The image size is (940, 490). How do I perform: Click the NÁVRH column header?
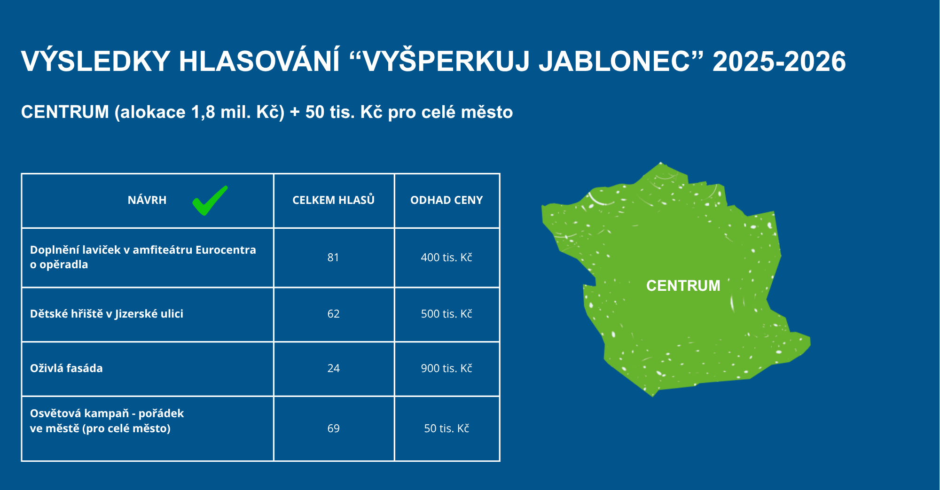point(147,200)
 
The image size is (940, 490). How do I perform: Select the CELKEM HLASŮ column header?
point(333,200)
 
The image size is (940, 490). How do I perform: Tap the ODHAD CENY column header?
point(446,200)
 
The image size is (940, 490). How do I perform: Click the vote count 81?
point(333,257)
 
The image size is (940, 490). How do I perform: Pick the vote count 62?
point(333,314)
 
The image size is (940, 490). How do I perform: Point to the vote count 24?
point(333,368)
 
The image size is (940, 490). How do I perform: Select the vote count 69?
point(333,428)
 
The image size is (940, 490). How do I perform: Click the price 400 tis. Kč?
point(446,257)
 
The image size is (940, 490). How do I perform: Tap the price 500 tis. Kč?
point(446,314)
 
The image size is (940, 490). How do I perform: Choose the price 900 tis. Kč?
point(446,368)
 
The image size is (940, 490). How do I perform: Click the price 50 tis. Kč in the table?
point(446,428)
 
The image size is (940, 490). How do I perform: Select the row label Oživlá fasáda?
point(66,368)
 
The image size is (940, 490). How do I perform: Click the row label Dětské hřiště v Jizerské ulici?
point(107,314)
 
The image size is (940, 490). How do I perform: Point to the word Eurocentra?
point(226,250)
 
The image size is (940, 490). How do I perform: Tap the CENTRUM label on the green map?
point(683,286)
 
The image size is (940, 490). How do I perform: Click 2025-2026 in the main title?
point(779,62)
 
